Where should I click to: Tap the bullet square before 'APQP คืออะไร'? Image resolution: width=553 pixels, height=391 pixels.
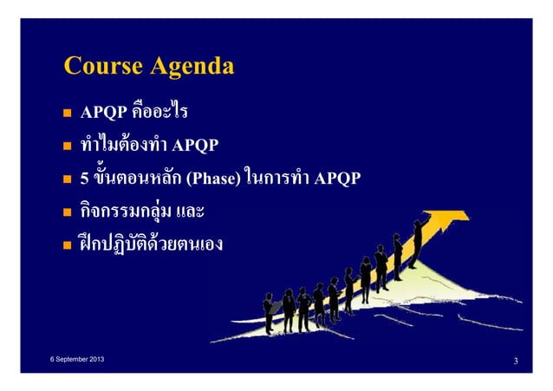coord(66,114)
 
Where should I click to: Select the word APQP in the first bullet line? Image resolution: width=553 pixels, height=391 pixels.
coord(104,114)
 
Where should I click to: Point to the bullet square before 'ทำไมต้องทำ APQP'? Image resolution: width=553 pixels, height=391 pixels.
coord(66,147)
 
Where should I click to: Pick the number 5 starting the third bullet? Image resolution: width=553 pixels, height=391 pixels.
coord(84,179)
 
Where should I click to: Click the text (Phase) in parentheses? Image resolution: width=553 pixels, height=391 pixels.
coord(207,179)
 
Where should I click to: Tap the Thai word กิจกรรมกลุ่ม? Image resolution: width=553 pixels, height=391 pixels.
coord(124,213)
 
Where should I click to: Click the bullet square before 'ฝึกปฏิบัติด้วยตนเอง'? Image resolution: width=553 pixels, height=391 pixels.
coord(66,245)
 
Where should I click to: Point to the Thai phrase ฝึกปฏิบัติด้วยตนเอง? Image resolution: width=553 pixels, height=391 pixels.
coord(151,245)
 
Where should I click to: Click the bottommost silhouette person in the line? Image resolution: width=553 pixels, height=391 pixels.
coord(270,312)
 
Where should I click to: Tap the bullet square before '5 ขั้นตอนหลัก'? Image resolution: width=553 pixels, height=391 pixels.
coord(66,180)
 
